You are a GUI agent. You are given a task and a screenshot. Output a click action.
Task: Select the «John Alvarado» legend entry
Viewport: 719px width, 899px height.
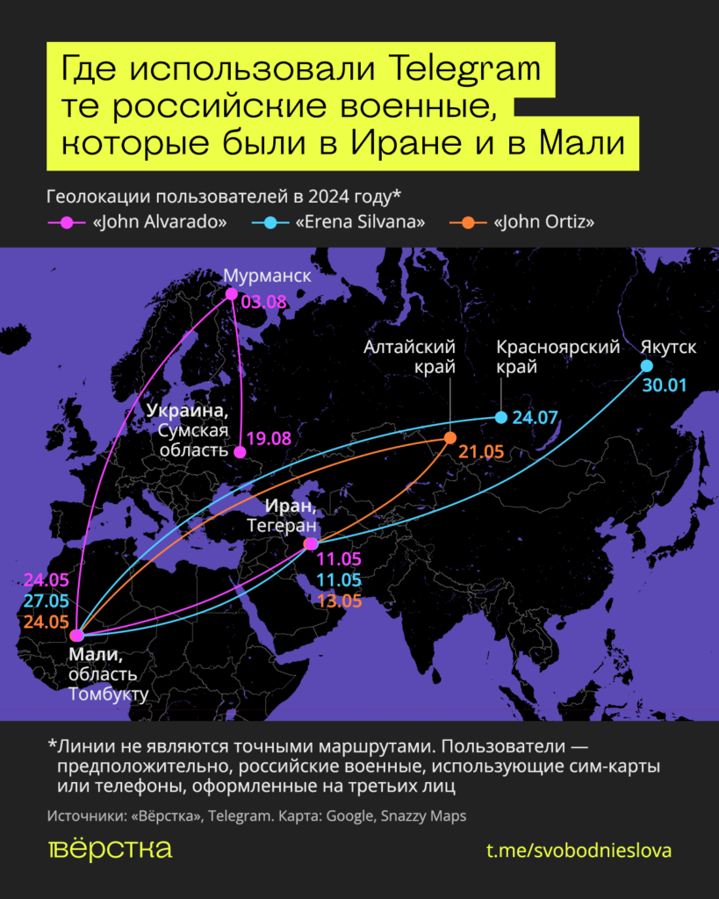click(x=159, y=222)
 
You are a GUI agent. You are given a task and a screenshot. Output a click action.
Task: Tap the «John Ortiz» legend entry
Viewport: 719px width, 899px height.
click(x=544, y=222)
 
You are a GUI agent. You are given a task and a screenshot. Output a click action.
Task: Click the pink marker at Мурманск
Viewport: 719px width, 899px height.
click(x=231, y=294)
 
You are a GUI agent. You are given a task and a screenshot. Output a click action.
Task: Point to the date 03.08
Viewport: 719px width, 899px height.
click(x=264, y=302)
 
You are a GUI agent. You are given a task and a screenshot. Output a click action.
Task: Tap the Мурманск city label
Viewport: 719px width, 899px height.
click(x=267, y=276)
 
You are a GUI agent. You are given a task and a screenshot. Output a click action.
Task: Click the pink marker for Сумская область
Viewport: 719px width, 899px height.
click(x=240, y=452)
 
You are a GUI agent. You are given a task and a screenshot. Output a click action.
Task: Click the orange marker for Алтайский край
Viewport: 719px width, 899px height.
click(x=449, y=437)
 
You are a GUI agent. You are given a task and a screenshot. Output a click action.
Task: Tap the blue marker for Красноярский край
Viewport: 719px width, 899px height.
click(x=500, y=417)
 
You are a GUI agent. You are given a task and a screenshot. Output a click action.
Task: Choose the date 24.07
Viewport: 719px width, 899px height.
click(x=534, y=417)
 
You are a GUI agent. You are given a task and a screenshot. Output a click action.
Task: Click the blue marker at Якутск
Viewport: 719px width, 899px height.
click(x=646, y=366)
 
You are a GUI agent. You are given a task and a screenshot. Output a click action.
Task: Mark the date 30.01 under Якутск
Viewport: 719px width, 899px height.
click(x=664, y=385)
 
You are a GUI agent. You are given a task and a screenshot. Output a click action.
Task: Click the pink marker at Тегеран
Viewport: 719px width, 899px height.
click(x=310, y=545)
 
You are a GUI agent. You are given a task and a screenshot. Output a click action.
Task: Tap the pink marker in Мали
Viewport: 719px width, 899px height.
click(x=77, y=636)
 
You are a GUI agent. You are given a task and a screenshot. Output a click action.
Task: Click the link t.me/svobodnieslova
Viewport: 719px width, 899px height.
click(x=579, y=851)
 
